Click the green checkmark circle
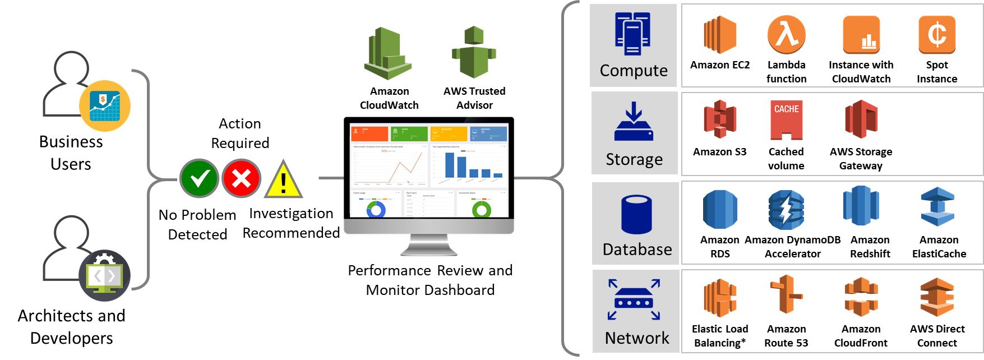pos(199,178)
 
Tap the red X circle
pos(241,178)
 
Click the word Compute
pos(634,71)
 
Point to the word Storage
pos(634,159)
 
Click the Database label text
pos(637,249)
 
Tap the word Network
pos(637,338)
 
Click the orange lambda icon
pos(787,34)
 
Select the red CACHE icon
pos(787,119)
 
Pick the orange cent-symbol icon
pos(937,34)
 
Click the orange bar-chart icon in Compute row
pos(861,35)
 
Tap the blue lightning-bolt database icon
pos(787,210)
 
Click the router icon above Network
pos(634,299)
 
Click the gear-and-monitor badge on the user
pos(105,275)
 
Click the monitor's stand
pos(429,246)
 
